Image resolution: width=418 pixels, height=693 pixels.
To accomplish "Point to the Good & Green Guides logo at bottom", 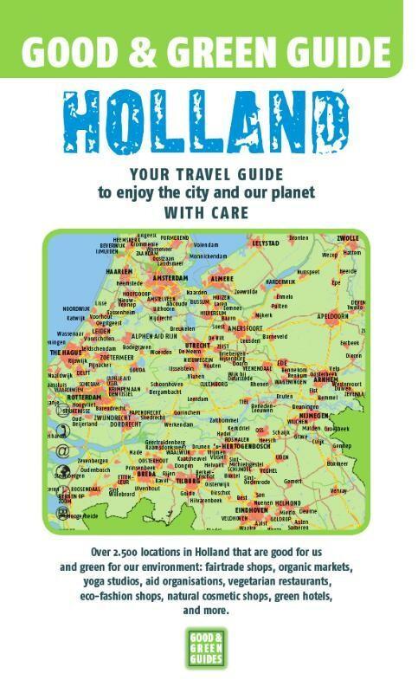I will coord(208,647).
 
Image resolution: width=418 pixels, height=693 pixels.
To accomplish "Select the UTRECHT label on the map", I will coord(198,345).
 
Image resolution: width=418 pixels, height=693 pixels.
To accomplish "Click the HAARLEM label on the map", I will coord(118,270).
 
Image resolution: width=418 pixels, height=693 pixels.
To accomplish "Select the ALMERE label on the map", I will coord(222,279).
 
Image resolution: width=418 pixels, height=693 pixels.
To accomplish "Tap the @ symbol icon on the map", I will coord(61,451).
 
